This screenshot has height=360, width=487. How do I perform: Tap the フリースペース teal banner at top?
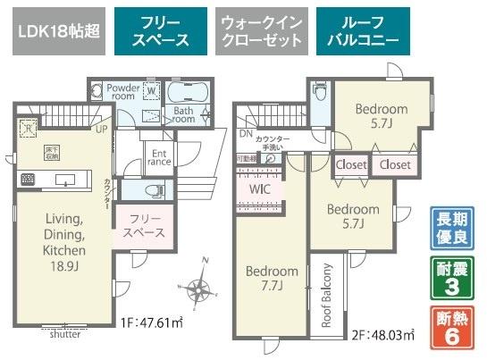[161, 33]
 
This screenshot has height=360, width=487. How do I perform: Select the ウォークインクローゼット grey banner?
[262, 33]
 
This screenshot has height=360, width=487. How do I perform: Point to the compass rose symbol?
[198, 288]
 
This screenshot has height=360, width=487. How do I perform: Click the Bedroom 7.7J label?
[273, 278]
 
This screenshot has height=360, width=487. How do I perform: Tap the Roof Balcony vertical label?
[327, 295]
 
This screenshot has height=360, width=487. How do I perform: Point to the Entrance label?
[159, 157]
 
